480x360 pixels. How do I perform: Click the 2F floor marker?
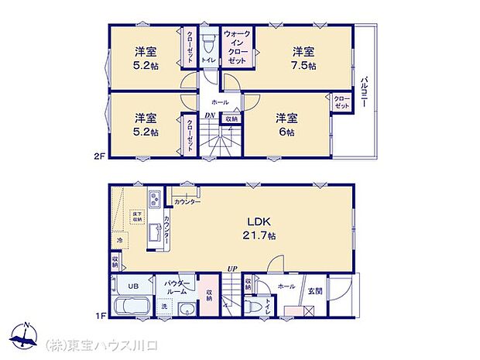click(98, 155)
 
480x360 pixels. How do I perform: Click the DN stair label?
click(209, 116)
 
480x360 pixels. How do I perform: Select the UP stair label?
click(231, 269)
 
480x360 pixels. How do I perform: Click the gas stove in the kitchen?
click(153, 201)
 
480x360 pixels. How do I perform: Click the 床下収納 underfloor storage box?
click(137, 217)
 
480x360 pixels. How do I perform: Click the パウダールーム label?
click(176, 289)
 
